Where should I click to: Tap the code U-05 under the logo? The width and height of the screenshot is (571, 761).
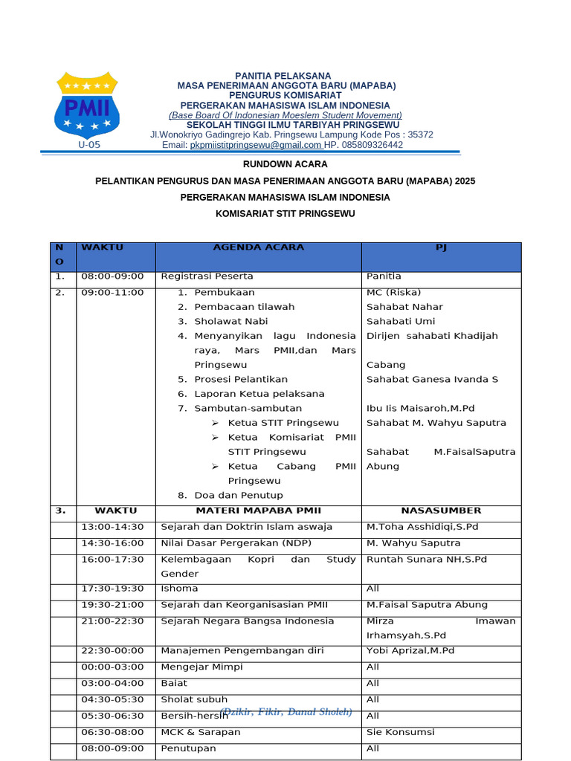tap(88, 145)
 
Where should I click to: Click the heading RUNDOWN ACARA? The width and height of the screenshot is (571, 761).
tap(285, 163)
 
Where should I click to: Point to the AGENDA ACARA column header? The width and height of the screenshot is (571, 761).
tap(258, 247)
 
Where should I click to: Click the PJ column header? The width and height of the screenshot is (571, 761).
tap(441, 247)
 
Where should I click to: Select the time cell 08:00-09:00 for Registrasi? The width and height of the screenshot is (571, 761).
tap(112, 276)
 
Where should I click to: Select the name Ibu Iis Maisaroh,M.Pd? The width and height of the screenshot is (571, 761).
tap(420, 408)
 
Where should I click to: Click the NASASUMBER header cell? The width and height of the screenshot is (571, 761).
tap(441, 511)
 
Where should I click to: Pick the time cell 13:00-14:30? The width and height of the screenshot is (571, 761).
tap(112, 527)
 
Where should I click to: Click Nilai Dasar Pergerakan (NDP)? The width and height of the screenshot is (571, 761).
tap(236, 543)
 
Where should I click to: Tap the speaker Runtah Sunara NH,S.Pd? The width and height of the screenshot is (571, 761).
tap(426, 559)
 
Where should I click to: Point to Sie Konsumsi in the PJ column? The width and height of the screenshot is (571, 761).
tap(401, 732)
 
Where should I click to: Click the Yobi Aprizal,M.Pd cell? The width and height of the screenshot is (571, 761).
tap(410, 650)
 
